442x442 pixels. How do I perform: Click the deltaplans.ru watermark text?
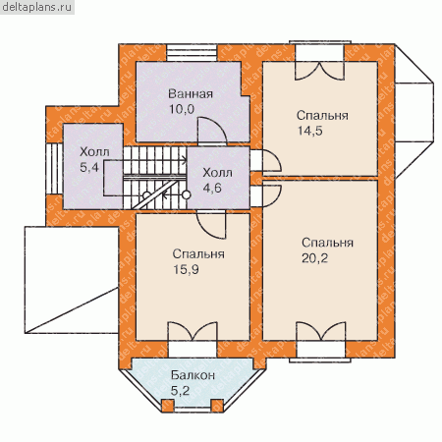[x=37, y=7]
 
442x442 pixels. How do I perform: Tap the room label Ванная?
[x=191, y=94]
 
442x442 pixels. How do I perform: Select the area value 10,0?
[x=182, y=109]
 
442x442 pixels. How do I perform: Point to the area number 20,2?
[x=314, y=258]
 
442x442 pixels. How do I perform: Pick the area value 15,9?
[x=186, y=270]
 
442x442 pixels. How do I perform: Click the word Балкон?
[x=193, y=375]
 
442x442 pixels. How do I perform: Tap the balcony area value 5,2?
[x=180, y=391]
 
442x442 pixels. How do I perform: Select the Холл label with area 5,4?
[x=94, y=152]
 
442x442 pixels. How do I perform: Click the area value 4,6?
[x=212, y=189]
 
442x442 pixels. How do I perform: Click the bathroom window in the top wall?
[x=192, y=52]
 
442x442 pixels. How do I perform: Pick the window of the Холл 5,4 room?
[x=54, y=169]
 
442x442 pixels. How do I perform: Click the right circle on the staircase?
[x=187, y=195]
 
